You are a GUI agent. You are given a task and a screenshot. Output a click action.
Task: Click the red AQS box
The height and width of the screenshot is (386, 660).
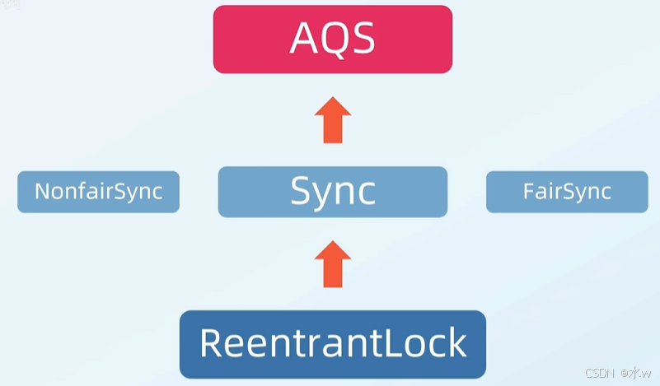pyautogui.click(x=333, y=39)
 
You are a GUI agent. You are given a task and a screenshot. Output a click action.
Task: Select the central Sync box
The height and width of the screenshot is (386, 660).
pyautogui.click(x=333, y=192)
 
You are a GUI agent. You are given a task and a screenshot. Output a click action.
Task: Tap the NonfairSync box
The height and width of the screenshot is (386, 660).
pyautogui.click(x=98, y=192)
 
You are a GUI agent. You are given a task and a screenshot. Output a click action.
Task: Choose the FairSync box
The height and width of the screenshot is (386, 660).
pyautogui.click(x=567, y=192)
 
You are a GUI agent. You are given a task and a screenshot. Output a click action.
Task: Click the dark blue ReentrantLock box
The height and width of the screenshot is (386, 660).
pyautogui.click(x=333, y=343)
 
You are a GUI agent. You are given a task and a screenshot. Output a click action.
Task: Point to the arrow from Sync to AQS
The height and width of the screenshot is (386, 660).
pyautogui.click(x=333, y=119)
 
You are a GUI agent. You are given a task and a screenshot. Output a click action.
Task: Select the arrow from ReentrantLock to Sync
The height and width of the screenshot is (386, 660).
pyautogui.click(x=333, y=263)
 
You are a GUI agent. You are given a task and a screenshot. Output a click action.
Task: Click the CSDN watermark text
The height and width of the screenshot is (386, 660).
pyautogui.click(x=600, y=374)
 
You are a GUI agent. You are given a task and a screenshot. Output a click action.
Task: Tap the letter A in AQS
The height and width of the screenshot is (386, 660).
pyautogui.click(x=304, y=39)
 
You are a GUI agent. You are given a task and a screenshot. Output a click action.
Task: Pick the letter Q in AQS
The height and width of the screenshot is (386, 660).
pyautogui.click(x=334, y=39)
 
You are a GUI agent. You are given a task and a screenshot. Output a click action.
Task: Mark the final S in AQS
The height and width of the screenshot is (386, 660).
pyautogui.click(x=363, y=39)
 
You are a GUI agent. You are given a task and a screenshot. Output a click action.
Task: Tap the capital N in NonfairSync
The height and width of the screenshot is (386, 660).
pyautogui.click(x=42, y=192)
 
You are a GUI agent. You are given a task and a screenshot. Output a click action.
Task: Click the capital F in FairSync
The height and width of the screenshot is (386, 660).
pyautogui.click(x=528, y=192)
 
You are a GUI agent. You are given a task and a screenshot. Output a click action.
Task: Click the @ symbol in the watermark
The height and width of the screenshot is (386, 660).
pyautogui.click(x=624, y=374)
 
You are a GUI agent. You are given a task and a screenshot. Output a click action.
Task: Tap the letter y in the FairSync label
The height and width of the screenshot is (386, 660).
pyautogui.click(x=577, y=195)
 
